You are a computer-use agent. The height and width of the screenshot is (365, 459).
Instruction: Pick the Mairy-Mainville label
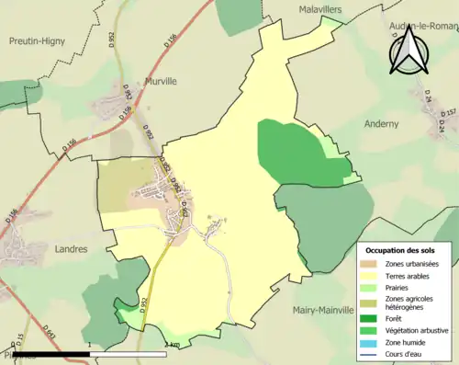click(x=328, y=311)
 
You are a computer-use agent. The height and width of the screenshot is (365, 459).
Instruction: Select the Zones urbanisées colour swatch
click(x=373, y=264)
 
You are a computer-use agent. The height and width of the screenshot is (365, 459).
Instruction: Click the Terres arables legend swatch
click(x=373, y=275)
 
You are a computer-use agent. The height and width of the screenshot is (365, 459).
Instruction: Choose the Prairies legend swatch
click(x=373, y=287)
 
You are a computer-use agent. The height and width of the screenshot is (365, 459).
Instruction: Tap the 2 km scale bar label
click(x=172, y=345)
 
